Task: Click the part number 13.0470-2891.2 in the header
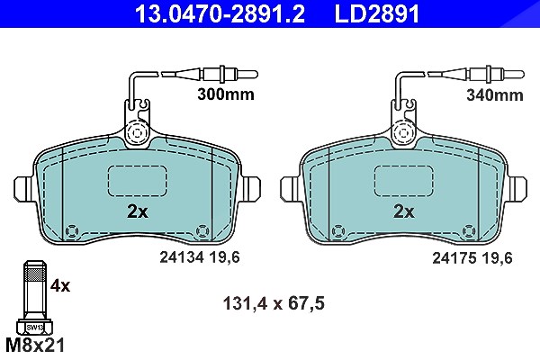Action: pos(220,13)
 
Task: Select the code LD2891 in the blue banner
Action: pos(377,13)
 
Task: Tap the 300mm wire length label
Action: pos(226,94)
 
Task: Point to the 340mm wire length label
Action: pos(494,94)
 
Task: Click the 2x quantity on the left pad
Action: pos(138,211)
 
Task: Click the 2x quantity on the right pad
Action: pos(404,211)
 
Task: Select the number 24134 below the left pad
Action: pos(182,257)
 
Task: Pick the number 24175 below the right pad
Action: pos(454,257)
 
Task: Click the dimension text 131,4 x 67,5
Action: pos(274,303)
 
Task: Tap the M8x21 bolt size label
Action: pos(35,346)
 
